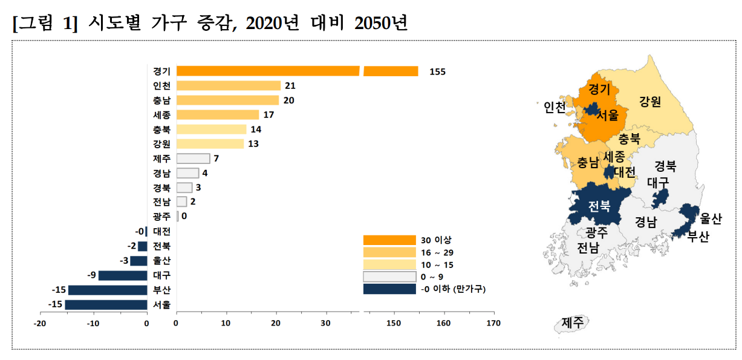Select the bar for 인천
tap(228, 86)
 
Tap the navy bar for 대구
tap(123, 275)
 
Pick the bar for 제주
tap(193, 159)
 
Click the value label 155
tap(437, 71)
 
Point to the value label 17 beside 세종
tap(268, 115)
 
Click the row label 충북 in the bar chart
tap(161, 129)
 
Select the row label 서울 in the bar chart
tap(161, 304)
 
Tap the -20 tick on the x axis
tap(40, 323)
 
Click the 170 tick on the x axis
tap(493, 323)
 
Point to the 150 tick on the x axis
tap(394, 323)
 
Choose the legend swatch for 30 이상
tap(389, 240)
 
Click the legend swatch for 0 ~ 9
tap(389, 277)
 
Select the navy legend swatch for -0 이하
tap(389, 289)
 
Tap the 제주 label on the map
tap(571, 322)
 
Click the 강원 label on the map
tap(650, 101)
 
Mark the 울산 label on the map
tap(711, 219)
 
